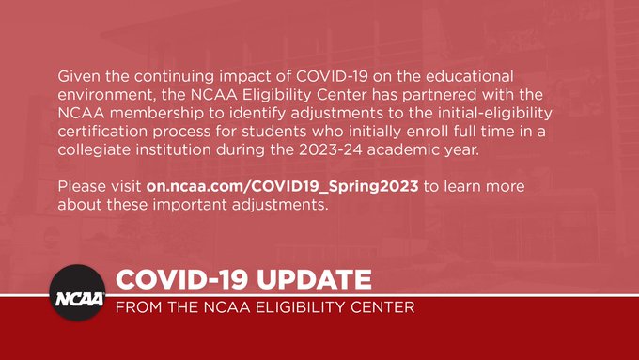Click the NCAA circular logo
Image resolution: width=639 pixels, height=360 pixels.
pos(79,293)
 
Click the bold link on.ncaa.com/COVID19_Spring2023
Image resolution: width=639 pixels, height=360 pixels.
pos(283,186)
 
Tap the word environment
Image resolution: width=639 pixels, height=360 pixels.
pos(105,94)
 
